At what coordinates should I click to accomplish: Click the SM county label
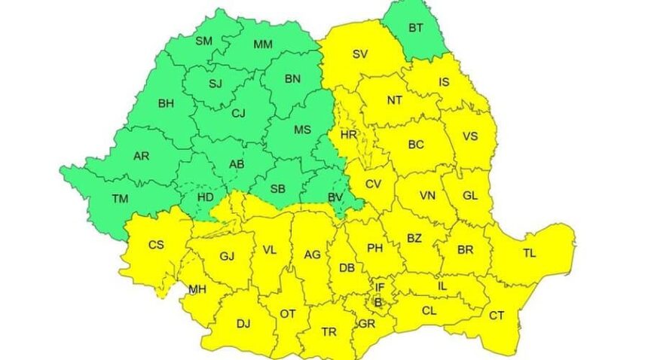point(203,41)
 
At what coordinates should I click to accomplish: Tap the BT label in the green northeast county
point(416,28)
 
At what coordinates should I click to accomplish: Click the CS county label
point(156,244)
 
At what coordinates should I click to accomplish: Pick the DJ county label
point(243,324)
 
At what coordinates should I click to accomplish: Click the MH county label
point(197,288)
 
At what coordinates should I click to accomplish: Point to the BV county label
point(336,197)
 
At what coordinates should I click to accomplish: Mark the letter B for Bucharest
point(378,303)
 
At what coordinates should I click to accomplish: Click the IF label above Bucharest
point(380,286)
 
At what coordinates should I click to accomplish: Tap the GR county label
point(367,323)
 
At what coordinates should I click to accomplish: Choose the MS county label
point(302,130)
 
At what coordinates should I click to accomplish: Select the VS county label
point(470,136)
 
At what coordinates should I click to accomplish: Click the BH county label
point(166,104)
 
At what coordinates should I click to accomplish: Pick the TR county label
point(329,331)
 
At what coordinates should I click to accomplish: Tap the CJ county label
point(238,114)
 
